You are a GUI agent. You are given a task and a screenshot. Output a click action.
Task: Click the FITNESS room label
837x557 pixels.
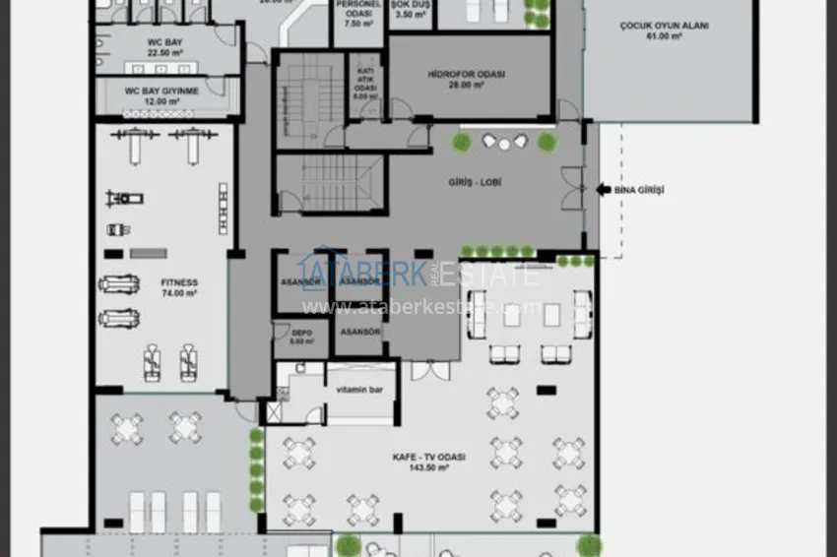(x=180, y=282)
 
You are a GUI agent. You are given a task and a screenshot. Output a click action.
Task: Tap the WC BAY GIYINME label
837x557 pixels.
(x=161, y=91)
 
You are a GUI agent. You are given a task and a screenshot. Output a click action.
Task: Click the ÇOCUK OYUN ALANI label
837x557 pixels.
(x=665, y=27)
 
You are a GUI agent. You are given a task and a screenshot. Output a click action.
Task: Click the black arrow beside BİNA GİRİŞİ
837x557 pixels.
(x=604, y=189)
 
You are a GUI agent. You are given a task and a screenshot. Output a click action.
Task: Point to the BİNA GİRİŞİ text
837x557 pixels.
(x=639, y=189)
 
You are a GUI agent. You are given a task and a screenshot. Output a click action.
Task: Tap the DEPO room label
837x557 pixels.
(x=301, y=333)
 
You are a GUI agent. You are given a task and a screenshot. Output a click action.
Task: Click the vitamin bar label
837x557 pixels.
(x=359, y=389)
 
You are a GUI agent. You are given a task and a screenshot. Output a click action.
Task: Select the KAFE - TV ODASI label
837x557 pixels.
(x=428, y=458)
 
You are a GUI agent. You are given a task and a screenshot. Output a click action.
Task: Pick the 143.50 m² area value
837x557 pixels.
(x=428, y=468)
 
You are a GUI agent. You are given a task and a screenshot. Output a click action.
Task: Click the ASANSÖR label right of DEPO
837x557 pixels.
(x=359, y=333)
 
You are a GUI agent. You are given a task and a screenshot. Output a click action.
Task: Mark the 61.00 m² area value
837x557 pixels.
(x=665, y=37)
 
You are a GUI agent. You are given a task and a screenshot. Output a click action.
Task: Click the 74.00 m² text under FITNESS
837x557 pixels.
(x=180, y=293)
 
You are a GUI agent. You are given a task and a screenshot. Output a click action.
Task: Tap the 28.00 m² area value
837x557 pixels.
(x=468, y=86)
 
